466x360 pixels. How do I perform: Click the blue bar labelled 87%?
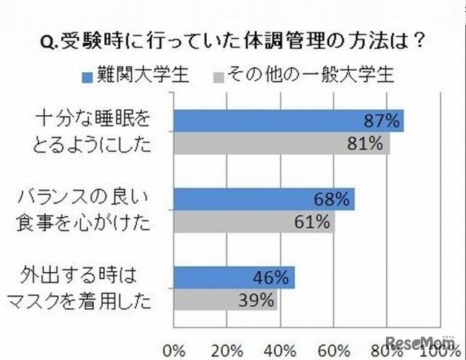click(x=288, y=121)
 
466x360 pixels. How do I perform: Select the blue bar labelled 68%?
click(x=264, y=199)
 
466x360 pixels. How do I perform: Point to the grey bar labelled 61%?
click(x=253, y=221)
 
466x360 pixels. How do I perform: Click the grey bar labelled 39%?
click(x=225, y=300)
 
